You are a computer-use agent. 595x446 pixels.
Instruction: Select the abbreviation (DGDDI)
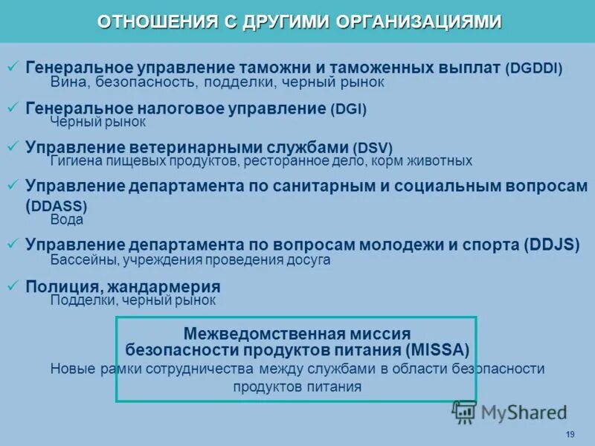coord(534,68)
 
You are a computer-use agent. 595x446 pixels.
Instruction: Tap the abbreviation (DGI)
coord(349,109)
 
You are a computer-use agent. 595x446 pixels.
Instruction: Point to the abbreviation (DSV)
coord(373,148)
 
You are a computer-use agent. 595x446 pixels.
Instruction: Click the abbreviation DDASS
coord(58,206)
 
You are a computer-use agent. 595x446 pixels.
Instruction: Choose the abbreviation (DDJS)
coord(551,245)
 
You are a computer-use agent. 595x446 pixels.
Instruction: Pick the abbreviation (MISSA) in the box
coord(438,350)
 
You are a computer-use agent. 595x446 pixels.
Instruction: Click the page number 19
coord(570,434)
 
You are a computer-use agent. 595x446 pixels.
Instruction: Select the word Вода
coord(67,220)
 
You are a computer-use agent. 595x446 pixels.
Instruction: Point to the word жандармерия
coord(164,286)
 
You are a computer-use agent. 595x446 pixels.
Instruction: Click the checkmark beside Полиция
coord(13,285)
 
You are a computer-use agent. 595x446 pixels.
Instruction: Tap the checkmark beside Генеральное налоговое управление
coord(13,108)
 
